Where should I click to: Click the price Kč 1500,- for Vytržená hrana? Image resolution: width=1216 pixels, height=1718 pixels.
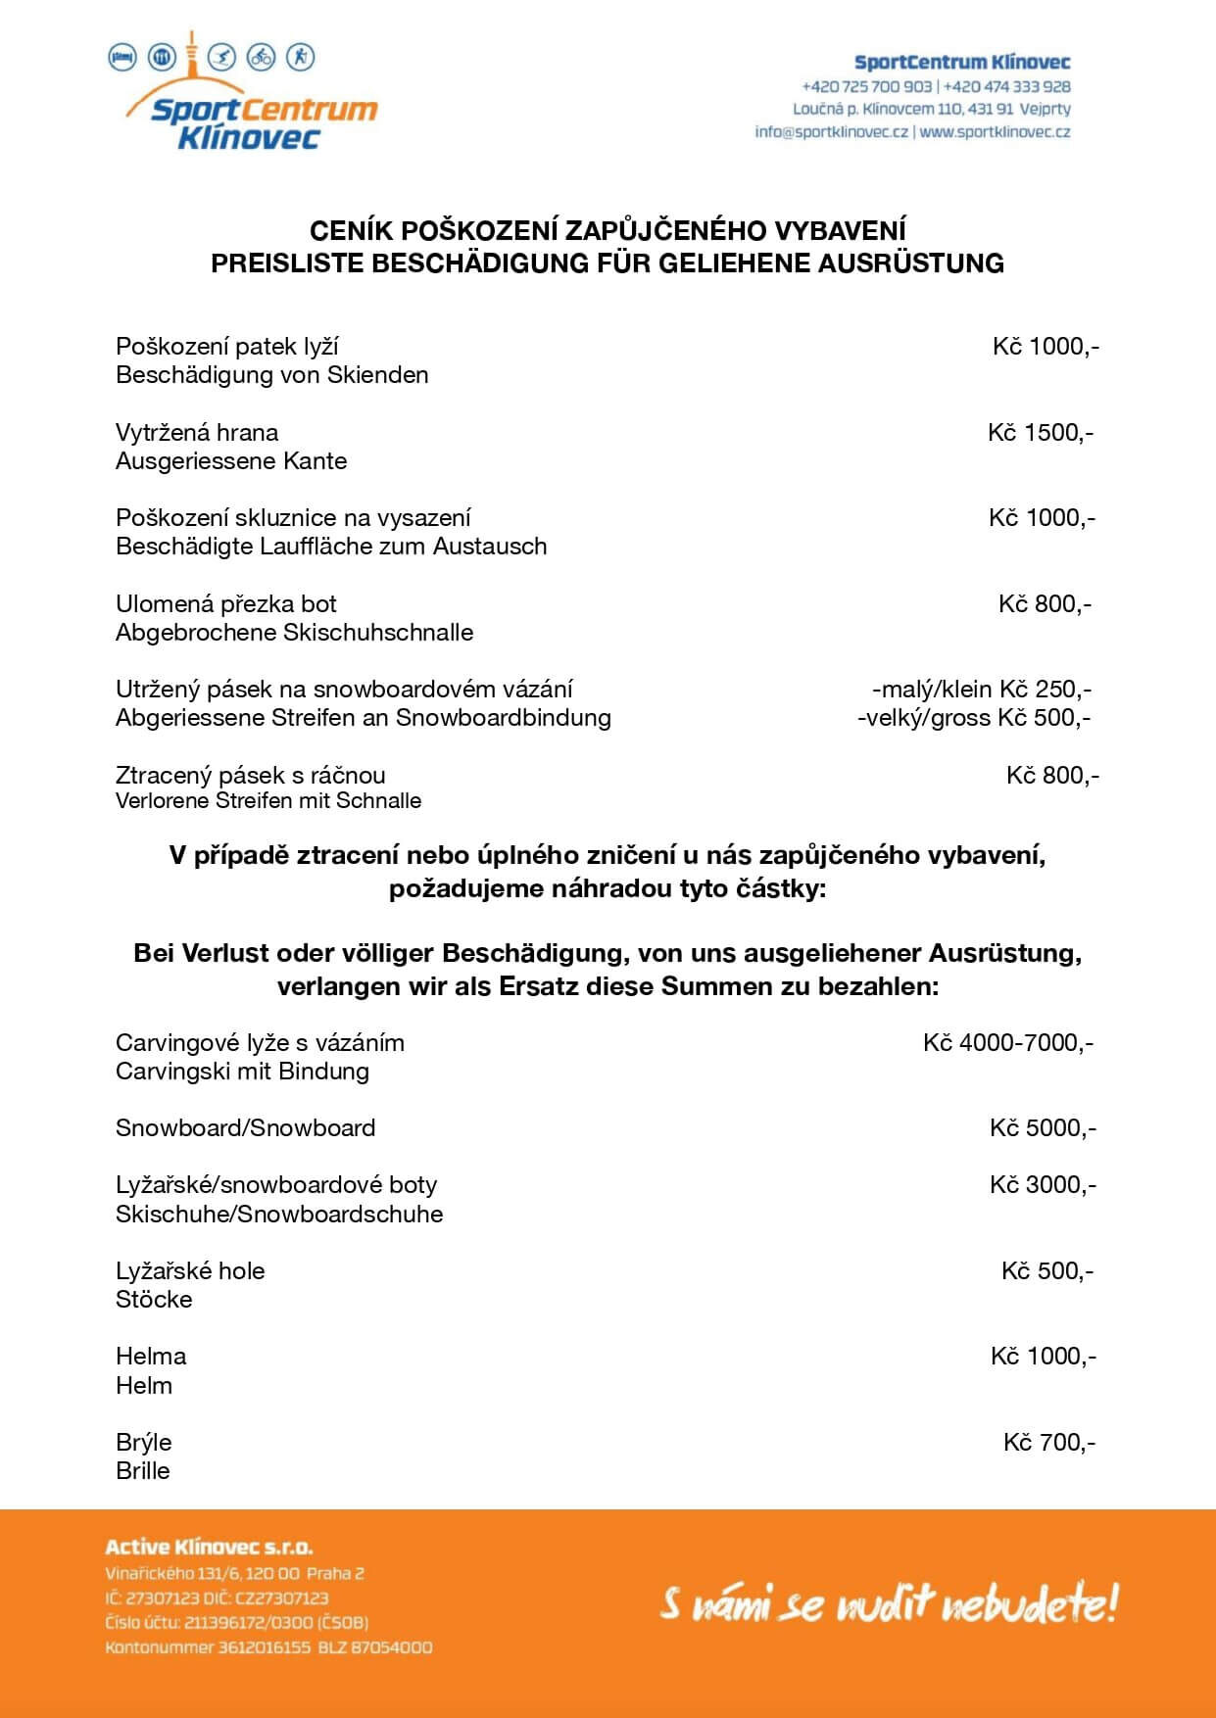1041,433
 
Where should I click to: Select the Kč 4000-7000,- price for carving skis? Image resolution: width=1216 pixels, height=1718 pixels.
1008,1042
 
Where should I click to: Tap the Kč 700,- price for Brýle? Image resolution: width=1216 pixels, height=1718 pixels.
1048,1442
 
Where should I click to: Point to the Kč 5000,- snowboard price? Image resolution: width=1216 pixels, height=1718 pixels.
1043,1128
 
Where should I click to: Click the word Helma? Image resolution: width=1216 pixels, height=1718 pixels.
151,1357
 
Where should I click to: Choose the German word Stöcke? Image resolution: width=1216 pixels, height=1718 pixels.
154,1300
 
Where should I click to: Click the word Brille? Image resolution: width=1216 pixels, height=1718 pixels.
143,1471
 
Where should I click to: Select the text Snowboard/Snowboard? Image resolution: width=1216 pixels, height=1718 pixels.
245,1128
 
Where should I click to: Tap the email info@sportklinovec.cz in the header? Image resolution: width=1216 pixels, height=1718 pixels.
831,132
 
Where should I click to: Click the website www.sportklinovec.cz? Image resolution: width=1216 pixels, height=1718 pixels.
995,132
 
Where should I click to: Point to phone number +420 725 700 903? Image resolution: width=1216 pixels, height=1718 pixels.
866,86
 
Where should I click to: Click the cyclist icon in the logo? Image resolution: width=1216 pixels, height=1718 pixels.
261,57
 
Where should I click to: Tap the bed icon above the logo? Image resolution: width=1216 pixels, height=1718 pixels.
122,57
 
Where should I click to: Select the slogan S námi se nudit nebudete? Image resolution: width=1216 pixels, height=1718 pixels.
888,1605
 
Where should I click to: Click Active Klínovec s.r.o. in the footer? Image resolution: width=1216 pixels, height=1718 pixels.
209,1549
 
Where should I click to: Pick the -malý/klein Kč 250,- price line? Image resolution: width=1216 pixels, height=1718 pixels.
981,690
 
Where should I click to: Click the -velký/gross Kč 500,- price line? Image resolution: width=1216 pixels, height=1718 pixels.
974,718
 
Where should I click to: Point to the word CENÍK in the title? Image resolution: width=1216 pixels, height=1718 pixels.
340,231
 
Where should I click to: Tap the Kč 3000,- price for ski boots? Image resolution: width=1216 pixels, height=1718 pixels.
1043,1185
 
